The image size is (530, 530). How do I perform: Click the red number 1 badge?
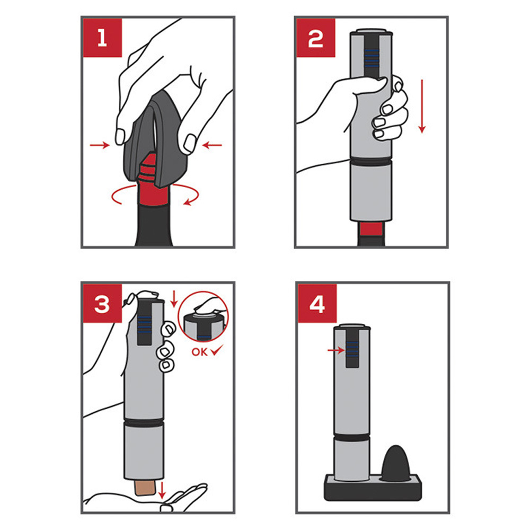(102, 38)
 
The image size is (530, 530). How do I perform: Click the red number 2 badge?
(316, 38)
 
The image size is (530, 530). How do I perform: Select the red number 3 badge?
(102, 304)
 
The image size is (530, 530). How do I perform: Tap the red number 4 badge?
(317, 304)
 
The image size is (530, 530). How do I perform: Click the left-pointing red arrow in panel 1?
(212, 145)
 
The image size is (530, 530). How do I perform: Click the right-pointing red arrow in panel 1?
(100, 145)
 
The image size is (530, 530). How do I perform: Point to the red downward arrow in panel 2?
(422, 106)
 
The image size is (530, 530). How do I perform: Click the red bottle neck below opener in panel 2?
(371, 229)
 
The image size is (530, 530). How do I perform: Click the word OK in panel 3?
(199, 352)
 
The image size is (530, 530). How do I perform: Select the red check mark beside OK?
(216, 350)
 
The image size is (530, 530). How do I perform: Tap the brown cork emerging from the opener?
(145, 488)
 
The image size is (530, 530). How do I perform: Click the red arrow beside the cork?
(162, 490)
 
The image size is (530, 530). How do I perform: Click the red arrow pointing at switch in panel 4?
(336, 350)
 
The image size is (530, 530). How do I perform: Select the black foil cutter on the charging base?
(396, 463)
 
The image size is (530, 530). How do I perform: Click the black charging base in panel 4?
(373, 488)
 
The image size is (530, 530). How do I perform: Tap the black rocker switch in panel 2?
(372, 55)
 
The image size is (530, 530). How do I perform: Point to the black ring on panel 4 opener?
(352, 437)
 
